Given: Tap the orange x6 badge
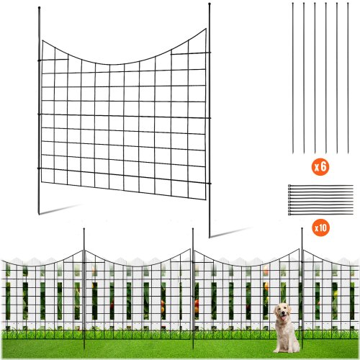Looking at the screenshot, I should pyautogui.click(x=320, y=167).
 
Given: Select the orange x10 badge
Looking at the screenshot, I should pyautogui.click(x=320, y=228).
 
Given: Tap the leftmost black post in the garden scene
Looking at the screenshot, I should pyautogui.click(x=85, y=288).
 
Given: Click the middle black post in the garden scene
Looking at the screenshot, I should pyautogui.click(x=193, y=288).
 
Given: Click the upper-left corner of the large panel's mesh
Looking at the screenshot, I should pyautogui.click(x=42, y=42).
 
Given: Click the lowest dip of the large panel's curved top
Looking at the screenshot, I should pyautogui.click(x=108, y=61).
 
